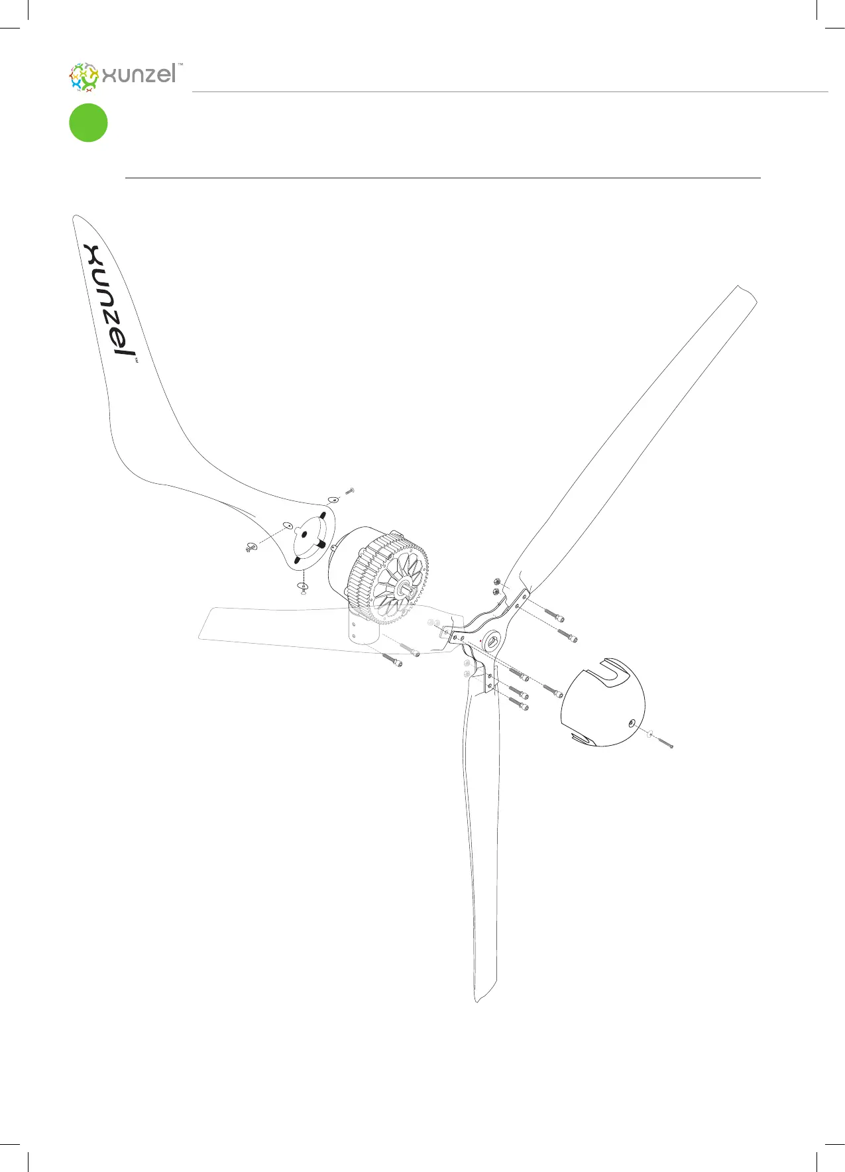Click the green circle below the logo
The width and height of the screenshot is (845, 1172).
point(88,123)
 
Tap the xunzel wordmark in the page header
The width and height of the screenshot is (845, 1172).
point(139,74)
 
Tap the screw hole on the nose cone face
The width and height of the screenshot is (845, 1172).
point(632,721)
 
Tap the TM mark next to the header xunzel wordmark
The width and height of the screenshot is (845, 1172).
point(180,66)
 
